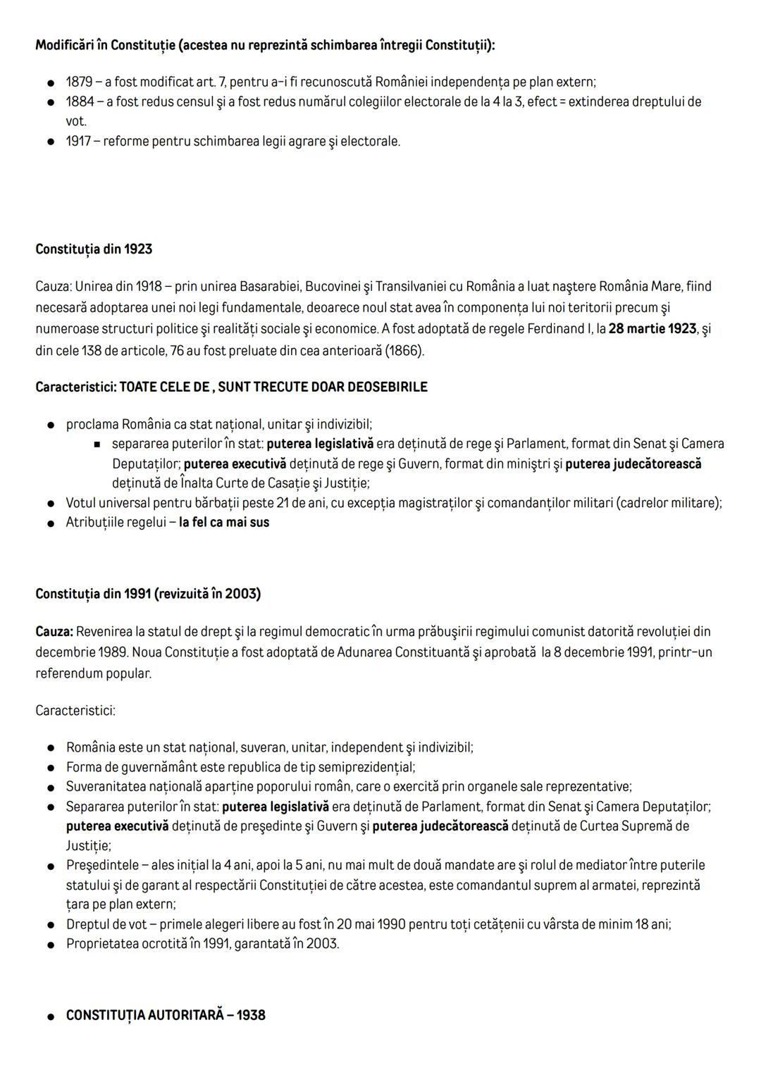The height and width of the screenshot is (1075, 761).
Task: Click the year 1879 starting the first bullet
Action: pos(80,82)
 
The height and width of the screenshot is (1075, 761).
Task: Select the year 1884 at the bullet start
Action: pos(80,101)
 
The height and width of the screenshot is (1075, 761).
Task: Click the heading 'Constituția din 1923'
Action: pos(94,249)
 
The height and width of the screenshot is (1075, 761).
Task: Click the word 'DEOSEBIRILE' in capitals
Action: pos(388,387)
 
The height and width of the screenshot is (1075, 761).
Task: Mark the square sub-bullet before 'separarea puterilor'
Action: pos(98,445)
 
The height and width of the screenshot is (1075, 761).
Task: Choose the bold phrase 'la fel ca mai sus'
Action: pos(224,523)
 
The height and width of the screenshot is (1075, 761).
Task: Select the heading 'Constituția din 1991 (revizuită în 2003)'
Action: pos(148,594)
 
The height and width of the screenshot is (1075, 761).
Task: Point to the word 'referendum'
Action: pos(68,673)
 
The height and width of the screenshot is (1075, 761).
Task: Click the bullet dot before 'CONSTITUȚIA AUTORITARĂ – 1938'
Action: pos(51,1016)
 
